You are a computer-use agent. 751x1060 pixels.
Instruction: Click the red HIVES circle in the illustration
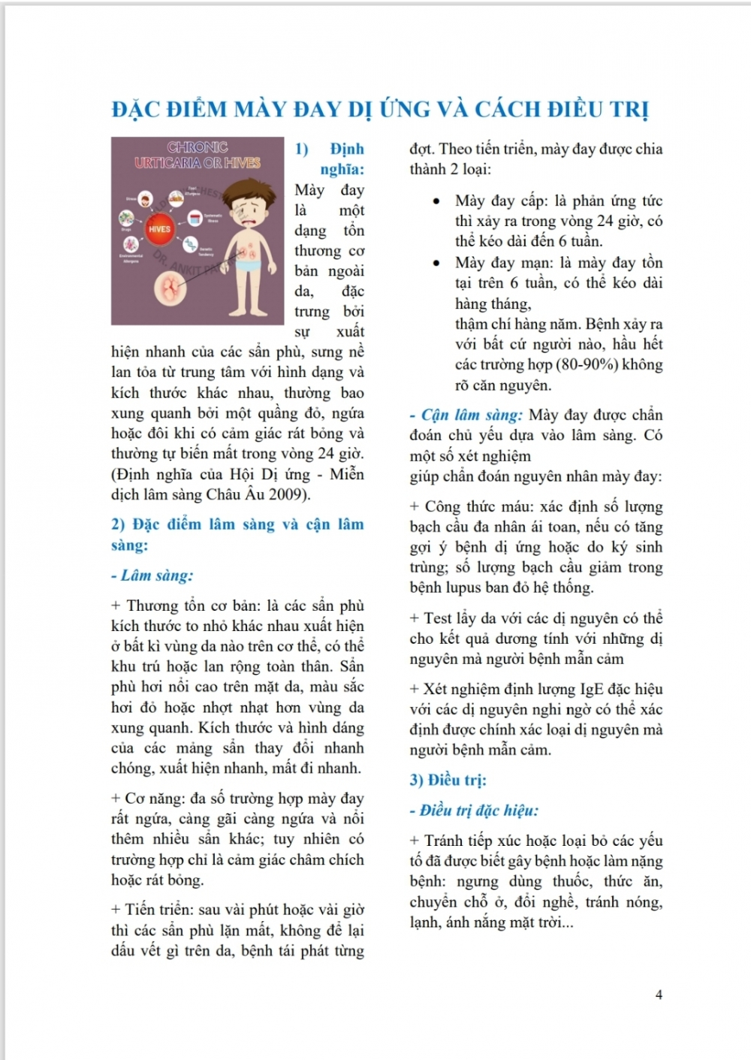(x=159, y=229)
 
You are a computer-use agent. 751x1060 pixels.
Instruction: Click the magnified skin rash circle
(x=173, y=289)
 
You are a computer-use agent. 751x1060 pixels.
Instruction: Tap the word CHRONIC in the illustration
(x=198, y=147)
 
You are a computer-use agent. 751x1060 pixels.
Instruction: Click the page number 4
(x=659, y=995)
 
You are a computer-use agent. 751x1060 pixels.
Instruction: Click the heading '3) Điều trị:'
(x=448, y=780)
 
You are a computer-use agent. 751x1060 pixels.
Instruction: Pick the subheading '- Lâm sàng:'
(x=152, y=575)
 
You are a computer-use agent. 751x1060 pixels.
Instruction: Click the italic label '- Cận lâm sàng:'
(x=466, y=415)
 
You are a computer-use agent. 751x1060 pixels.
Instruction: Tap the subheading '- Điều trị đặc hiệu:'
(x=474, y=810)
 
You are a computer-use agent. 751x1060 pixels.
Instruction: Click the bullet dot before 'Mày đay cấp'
(x=436, y=201)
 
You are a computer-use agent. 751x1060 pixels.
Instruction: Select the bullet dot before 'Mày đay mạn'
(x=436, y=263)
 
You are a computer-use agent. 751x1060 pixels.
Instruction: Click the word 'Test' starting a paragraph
(x=438, y=618)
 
